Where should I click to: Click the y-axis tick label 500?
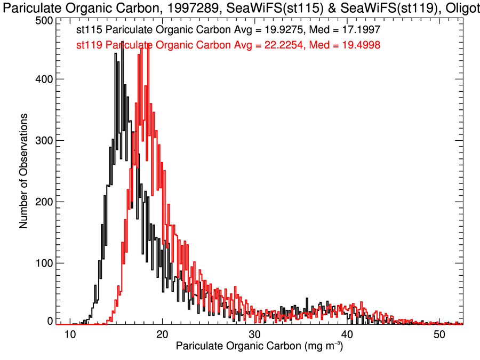click(x=44, y=20)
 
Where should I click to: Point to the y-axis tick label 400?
click(x=44, y=79)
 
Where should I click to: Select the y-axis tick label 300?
click(x=44, y=140)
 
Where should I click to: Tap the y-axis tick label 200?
click(x=44, y=202)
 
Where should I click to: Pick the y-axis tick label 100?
click(x=44, y=263)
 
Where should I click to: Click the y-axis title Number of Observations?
click(x=23, y=171)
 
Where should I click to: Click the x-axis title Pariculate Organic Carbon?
click(x=239, y=347)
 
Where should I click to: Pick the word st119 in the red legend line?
click(x=88, y=45)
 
